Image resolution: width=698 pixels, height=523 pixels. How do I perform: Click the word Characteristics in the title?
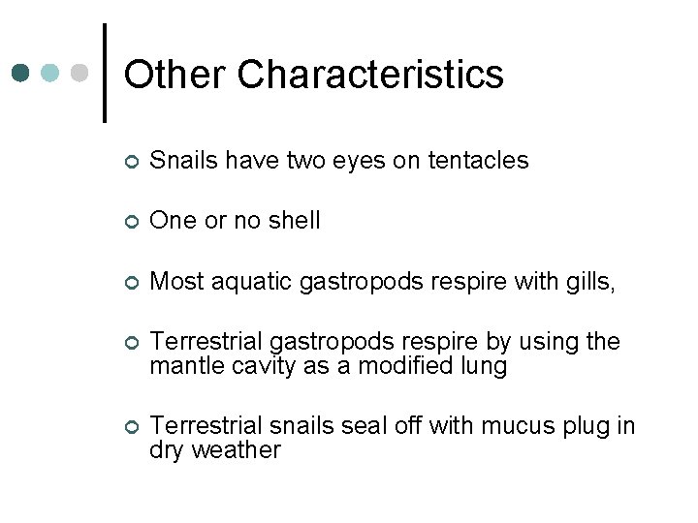coord(370,75)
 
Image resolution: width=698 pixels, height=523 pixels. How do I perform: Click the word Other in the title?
coord(175,75)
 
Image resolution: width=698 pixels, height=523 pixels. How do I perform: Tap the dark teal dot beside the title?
coord(21,74)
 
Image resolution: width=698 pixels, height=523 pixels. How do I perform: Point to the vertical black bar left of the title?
coord(104,73)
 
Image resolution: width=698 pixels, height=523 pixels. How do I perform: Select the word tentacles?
coord(472,161)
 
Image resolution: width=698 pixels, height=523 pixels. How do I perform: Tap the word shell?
coord(290,221)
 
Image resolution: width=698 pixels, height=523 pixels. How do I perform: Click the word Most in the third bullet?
coord(174,282)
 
